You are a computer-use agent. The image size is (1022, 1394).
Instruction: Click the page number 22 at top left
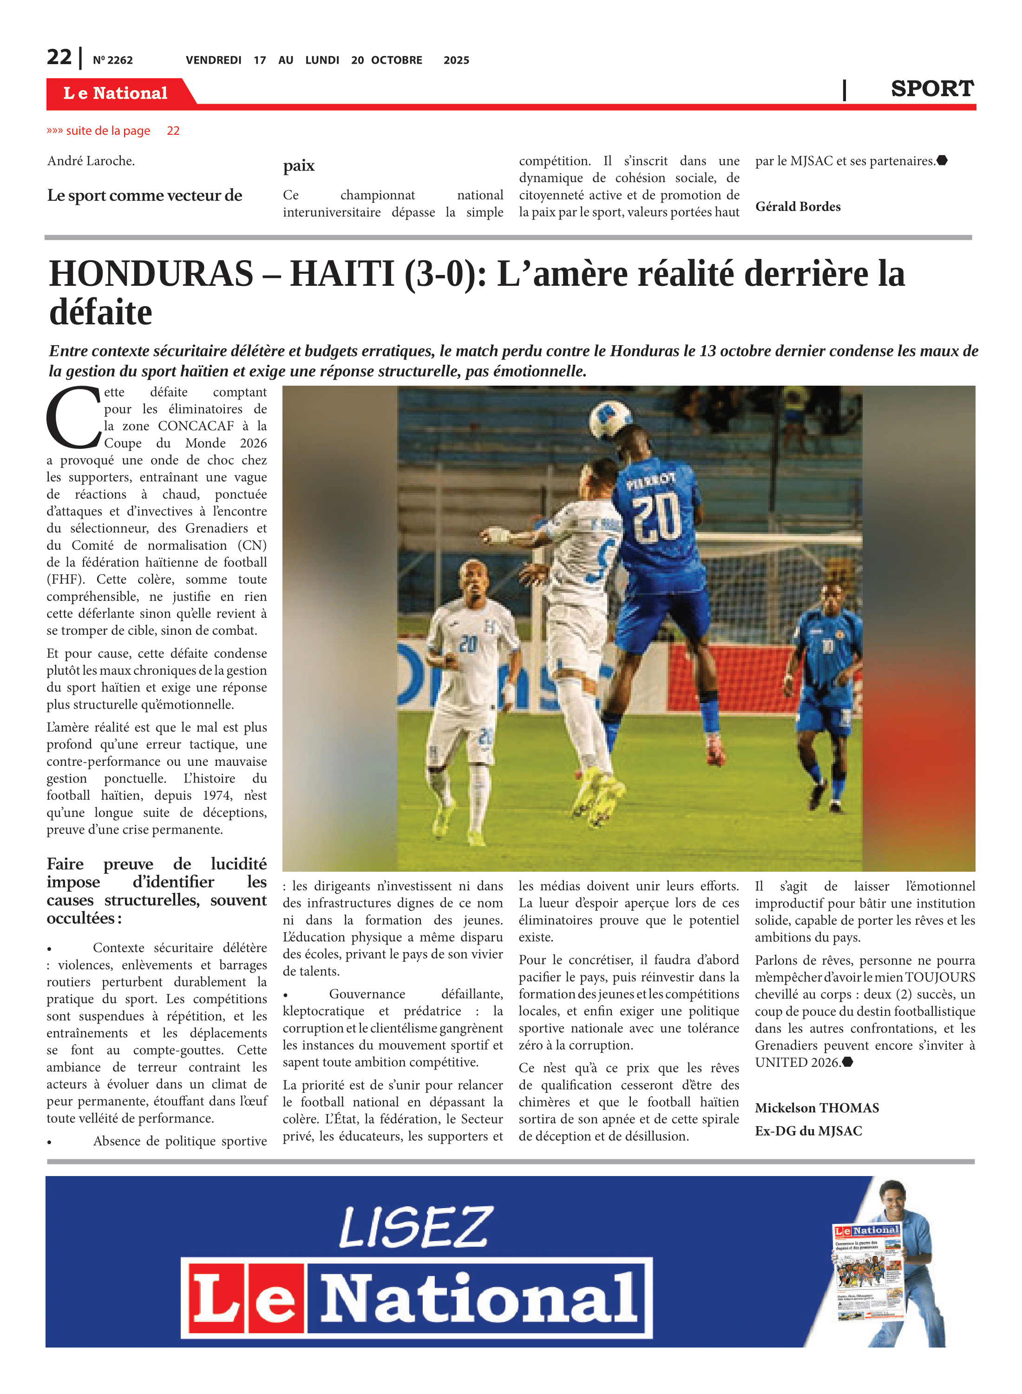click(59, 58)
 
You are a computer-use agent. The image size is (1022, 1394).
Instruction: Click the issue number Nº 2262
click(112, 60)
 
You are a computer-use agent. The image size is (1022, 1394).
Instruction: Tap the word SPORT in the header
click(932, 89)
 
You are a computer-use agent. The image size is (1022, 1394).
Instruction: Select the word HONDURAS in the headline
click(151, 274)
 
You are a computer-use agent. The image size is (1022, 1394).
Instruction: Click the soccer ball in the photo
click(610, 420)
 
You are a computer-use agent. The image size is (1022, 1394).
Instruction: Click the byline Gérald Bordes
click(798, 207)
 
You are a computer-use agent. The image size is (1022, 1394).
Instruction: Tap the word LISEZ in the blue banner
click(416, 1227)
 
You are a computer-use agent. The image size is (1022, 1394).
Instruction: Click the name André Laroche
click(91, 161)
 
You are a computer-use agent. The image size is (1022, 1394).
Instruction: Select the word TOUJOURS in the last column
click(940, 978)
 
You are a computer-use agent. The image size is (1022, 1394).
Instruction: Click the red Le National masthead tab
click(116, 93)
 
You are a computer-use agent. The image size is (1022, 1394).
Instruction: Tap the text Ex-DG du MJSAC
click(808, 1131)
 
